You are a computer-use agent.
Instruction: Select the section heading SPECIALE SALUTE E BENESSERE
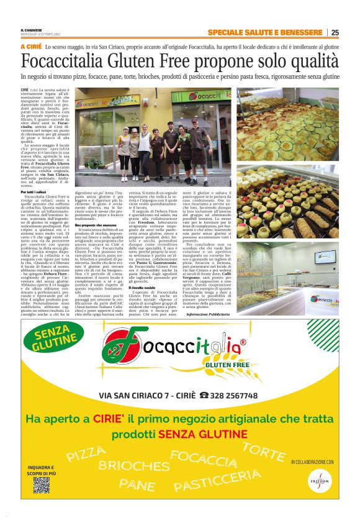(266, 32)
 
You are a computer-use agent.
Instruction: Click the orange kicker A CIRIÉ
(32, 47)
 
